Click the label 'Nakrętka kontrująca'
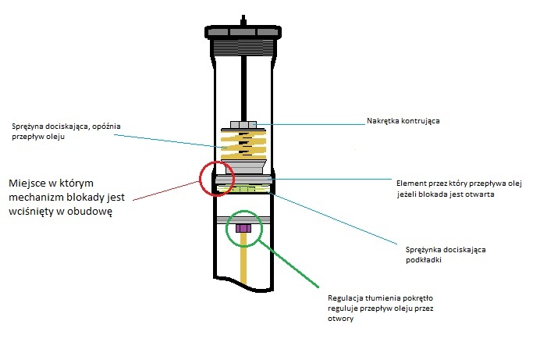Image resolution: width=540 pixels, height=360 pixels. (x=403, y=121)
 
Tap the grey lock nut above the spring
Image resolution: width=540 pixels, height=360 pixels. (x=243, y=124)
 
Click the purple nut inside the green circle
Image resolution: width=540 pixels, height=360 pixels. (x=243, y=228)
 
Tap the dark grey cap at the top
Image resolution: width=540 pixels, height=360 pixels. (x=243, y=32)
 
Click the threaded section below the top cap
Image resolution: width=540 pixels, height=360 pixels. (x=243, y=47)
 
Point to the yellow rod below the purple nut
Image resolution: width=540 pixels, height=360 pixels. (x=243, y=258)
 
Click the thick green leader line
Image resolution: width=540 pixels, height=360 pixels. (x=288, y=263)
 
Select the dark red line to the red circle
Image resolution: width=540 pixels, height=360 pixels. (x=166, y=191)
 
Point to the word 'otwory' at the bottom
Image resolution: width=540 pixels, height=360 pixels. (x=340, y=319)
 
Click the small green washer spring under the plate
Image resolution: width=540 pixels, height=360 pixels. (x=243, y=189)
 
